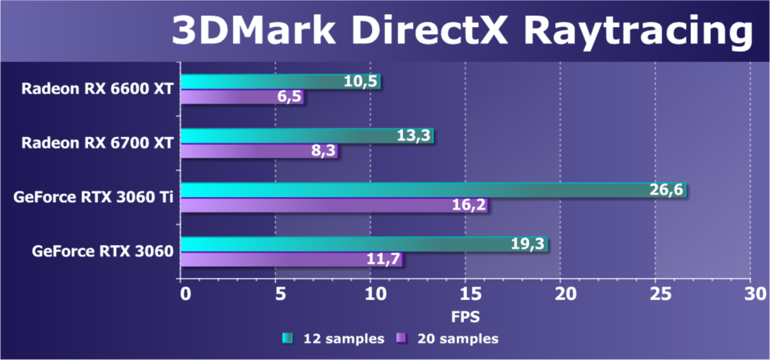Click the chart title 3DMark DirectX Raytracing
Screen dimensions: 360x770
tap(461, 31)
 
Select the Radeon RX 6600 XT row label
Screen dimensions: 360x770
tap(97, 89)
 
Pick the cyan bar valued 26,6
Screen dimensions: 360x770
tap(433, 190)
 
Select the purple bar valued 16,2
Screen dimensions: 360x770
tap(334, 205)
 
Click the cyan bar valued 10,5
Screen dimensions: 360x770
tap(280, 81)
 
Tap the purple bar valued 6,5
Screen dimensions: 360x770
tap(242, 97)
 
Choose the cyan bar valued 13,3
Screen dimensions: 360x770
tap(307, 135)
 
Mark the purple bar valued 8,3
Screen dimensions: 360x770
tap(259, 151)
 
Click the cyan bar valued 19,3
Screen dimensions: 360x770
tap(364, 244)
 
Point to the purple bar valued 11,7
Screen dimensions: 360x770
tap(291, 260)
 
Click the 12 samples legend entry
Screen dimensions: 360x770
tap(333, 338)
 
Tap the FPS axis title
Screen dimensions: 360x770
tap(465, 316)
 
